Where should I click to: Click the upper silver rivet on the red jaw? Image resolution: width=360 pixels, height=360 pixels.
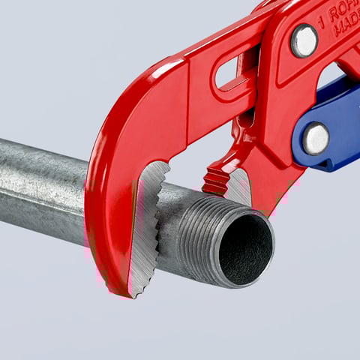(x=304, y=40)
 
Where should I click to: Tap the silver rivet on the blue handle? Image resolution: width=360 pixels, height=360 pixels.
(x=315, y=138)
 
